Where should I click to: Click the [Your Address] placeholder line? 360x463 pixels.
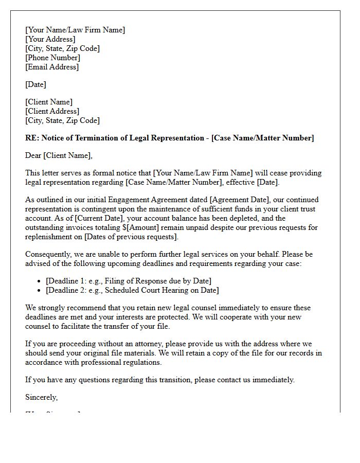[x=50, y=39]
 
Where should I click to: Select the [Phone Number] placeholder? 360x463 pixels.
[x=52, y=58]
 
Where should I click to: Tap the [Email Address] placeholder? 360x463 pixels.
[x=52, y=67]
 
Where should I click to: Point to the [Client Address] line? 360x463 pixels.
[x=52, y=111]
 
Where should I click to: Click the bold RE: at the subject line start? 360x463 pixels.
[x=32, y=138]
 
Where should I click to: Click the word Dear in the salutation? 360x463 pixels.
[x=33, y=155]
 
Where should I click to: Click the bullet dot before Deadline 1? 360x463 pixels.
[x=40, y=281]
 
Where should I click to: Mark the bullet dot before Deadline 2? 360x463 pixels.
[x=40, y=290]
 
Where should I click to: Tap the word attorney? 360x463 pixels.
[x=141, y=344]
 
